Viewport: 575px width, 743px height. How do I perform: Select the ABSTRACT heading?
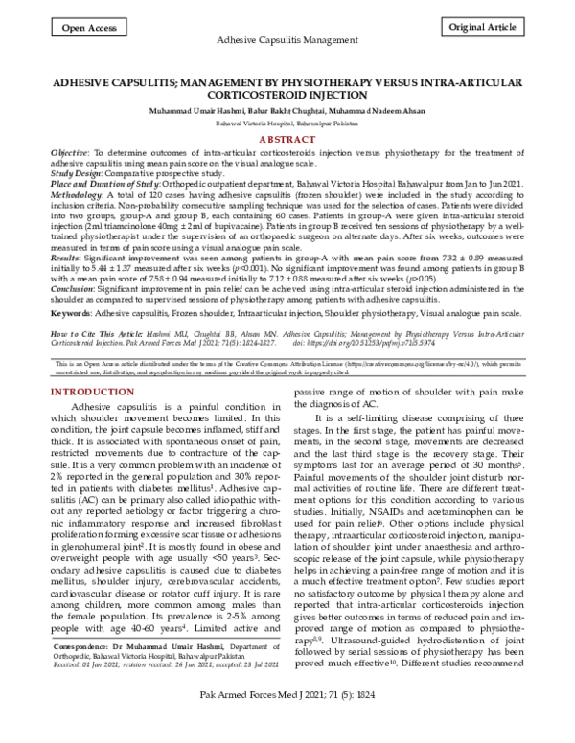pos(287,139)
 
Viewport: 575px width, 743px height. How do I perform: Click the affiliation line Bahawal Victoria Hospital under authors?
pos(287,124)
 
